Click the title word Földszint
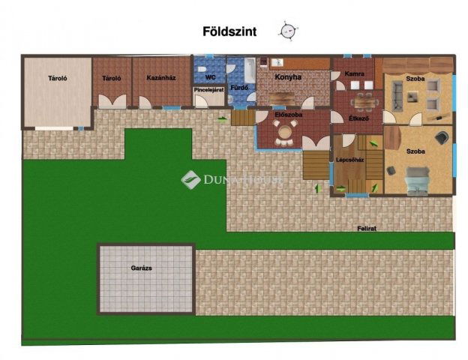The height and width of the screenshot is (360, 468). click(230, 31)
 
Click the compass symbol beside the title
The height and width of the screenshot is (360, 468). click(287, 31)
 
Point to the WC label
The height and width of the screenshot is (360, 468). click(210, 76)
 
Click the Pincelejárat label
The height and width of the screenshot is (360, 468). click(209, 89)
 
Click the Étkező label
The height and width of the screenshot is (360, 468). click(358, 118)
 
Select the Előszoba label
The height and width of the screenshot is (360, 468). click(288, 115)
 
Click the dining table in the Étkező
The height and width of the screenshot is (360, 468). click(362, 100)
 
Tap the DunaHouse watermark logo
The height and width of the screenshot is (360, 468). click(190, 179)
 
